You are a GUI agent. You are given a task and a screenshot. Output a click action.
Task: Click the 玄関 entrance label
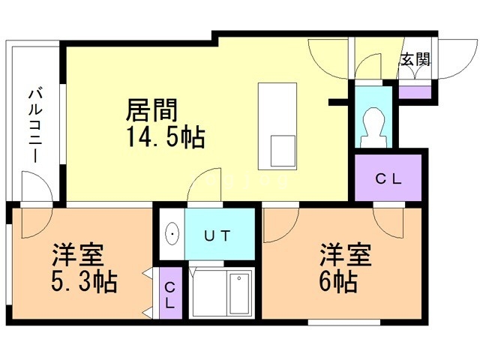pos(415,60)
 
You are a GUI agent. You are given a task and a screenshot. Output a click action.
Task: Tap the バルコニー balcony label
pos(34,124)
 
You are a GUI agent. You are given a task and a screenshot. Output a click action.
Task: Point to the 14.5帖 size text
pos(166,137)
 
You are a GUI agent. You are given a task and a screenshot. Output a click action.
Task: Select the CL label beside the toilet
pos(388,179)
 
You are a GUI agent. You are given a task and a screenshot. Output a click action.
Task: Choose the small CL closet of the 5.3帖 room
pos(170,293)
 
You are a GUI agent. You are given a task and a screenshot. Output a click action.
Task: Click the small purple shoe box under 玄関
pos(415,92)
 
